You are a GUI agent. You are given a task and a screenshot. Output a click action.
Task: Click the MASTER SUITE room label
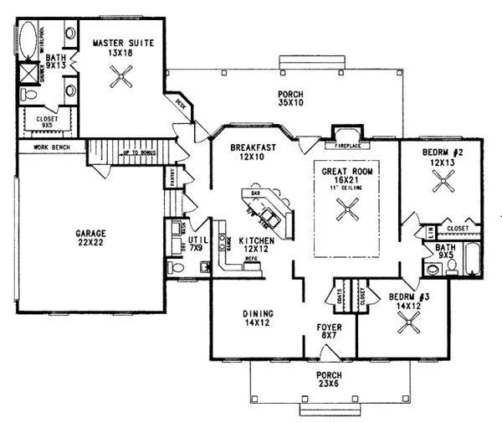[x=123, y=44]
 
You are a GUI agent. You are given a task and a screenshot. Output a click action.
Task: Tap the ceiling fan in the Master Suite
[x=122, y=81]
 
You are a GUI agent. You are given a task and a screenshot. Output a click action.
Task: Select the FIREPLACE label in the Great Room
[x=345, y=144]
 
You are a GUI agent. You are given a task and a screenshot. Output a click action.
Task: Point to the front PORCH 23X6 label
[x=320, y=381]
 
